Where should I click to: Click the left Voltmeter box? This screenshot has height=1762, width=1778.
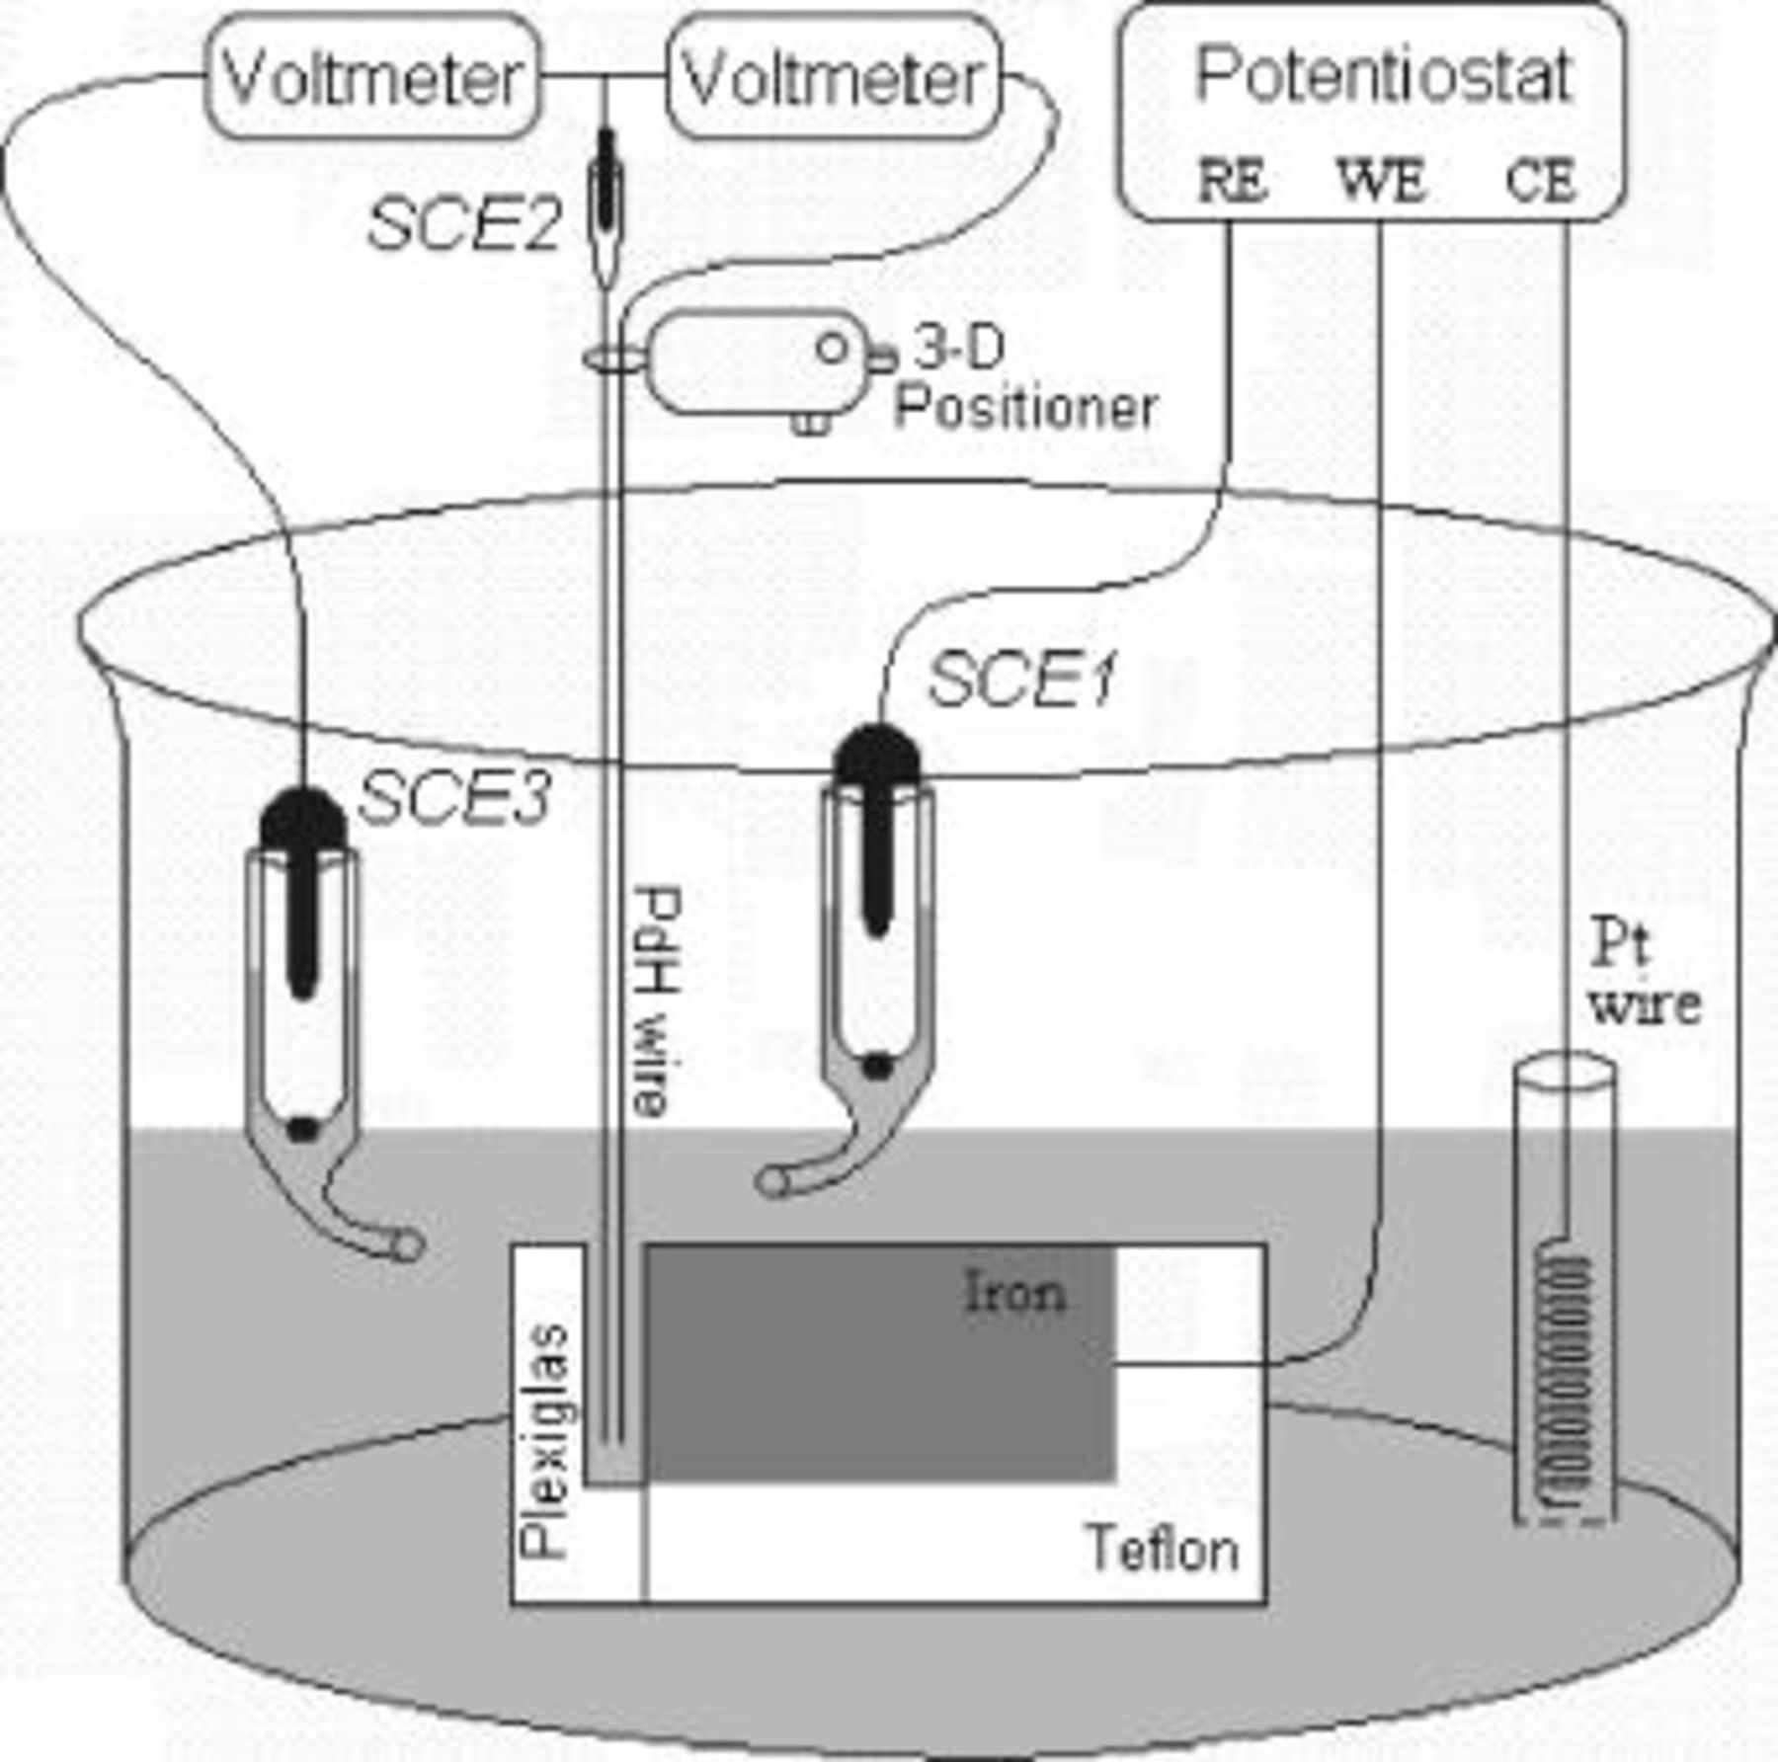coord(372,77)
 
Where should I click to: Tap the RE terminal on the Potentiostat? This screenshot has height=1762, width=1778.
coord(1232,181)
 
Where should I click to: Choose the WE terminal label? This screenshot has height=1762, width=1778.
coord(1381,181)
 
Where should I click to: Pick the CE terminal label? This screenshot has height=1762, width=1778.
coord(1540,181)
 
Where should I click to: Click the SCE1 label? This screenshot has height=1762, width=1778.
coord(1022,681)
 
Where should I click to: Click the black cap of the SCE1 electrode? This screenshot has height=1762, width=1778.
coord(877,757)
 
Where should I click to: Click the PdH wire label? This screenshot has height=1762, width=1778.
coord(656,1000)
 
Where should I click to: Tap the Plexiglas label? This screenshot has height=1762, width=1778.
coord(545,1441)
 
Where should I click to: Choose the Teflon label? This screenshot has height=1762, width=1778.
coord(1163,1548)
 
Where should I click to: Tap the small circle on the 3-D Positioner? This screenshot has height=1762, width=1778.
coord(832,347)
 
